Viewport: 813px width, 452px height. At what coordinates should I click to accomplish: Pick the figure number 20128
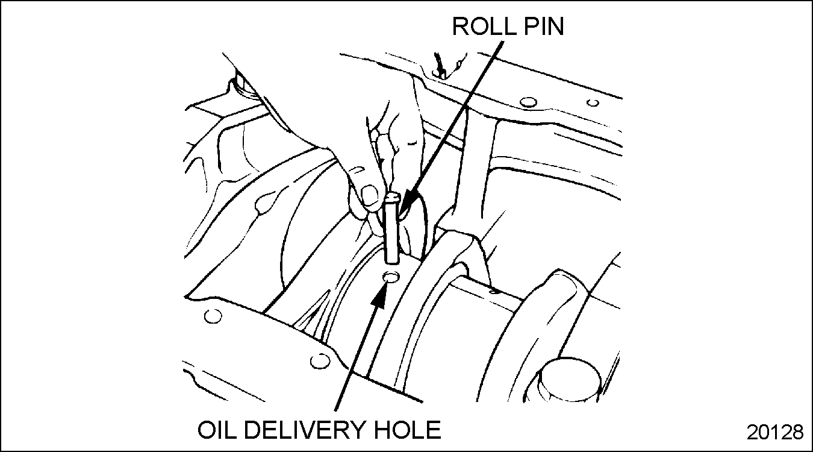point(774,432)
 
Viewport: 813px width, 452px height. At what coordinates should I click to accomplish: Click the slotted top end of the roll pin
point(393,198)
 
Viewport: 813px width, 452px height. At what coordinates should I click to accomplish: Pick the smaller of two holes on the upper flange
point(593,102)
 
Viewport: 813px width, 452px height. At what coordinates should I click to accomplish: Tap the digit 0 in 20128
point(762,432)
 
